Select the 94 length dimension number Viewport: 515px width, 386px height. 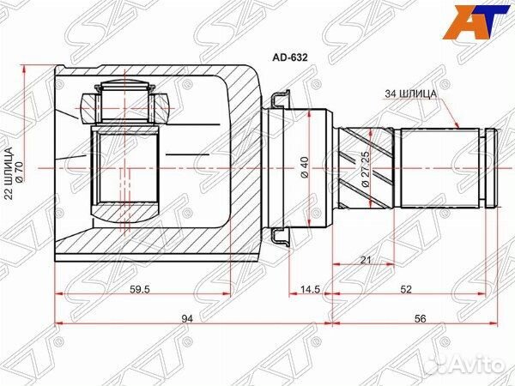[186, 318]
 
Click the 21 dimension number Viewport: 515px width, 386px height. [366, 260]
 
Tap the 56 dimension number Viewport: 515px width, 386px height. [420, 318]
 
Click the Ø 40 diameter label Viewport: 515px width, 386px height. [304, 168]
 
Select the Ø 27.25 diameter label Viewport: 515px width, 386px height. [366, 169]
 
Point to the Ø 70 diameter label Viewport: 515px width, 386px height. [18, 172]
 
